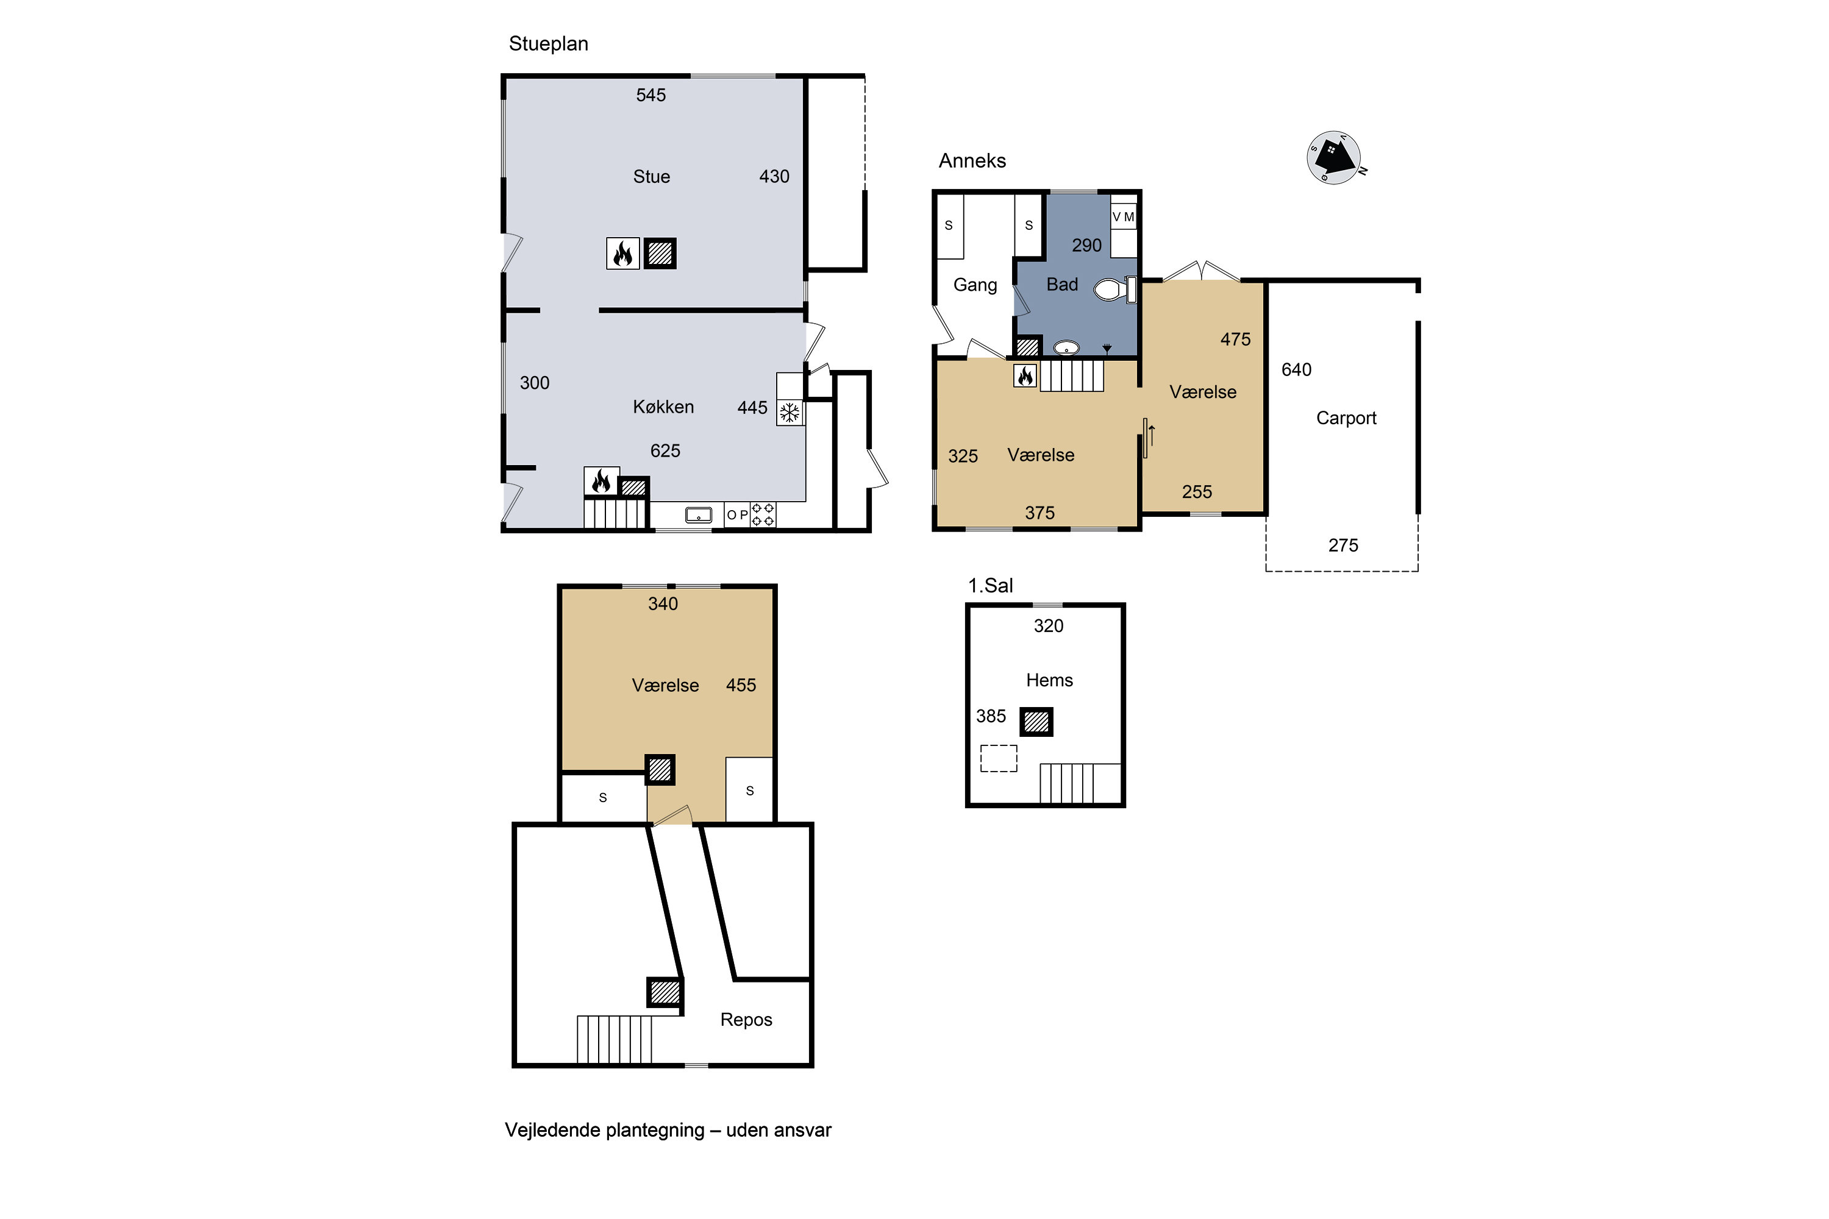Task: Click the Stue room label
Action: pyautogui.click(x=651, y=177)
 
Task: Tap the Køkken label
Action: pyautogui.click(x=663, y=407)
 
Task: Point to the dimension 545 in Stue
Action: pyautogui.click(x=651, y=95)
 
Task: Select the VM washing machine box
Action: pyautogui.click(x=1123, y=217)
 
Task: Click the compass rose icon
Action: pyautogui.click(x=1335, y=158)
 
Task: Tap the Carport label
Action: pyautogui.click(x=1346, y=418)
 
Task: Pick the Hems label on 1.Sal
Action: pyautogui.click(x=1049, y=680)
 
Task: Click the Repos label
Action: pyautogui.click(x=746, y=1020)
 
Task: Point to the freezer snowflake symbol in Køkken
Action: pyautogui.click(x=790, y=413)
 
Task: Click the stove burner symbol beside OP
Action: pyautogui.click(x=763, y=514)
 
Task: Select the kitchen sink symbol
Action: pyautogui.click(x=698, y=514)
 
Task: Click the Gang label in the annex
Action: pyautogui.click(x=975, y=285)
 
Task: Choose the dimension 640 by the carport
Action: pyautogui.click(x=1296, y=370)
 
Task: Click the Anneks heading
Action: pyautogui.click(x=972, y=161)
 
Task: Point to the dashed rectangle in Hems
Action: pyautogui.click(x=999, y=759)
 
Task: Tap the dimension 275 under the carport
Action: pyautogui.click(x=1343, y=546)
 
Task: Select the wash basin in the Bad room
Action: pyautogui.click(x=1066, y=347)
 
